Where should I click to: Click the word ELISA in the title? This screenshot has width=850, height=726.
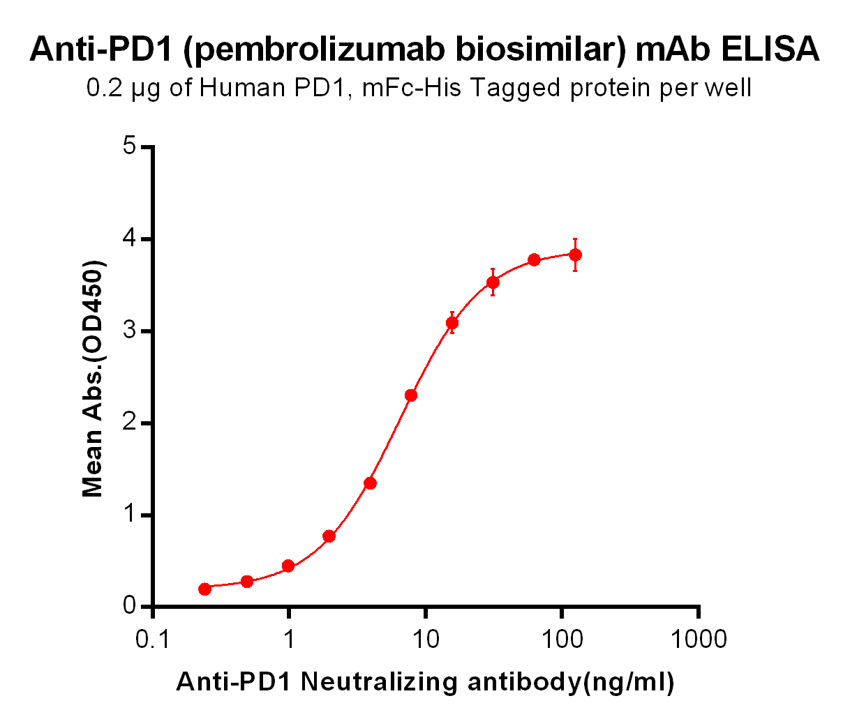click(770, 49)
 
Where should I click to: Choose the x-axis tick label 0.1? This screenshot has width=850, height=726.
click(152, 639)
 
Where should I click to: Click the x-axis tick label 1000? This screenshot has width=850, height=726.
click(698, 639)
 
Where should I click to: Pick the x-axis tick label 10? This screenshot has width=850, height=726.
click(425, 639)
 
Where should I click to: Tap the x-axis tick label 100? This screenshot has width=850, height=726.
click(562, 639)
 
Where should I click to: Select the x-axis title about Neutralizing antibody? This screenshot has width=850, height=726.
click(425, 681)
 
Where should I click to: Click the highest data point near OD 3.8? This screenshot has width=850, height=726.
click(575, 255)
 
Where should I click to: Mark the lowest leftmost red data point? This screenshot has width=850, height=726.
click(204, 589)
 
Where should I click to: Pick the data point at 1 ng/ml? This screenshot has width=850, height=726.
click(288, 566)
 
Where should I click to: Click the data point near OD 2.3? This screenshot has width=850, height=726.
click(411, 395)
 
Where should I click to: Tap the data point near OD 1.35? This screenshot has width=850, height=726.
click(371, 483)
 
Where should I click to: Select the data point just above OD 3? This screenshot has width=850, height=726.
click(452, 323)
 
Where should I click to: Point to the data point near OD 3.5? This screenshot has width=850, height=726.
click(493, 282)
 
